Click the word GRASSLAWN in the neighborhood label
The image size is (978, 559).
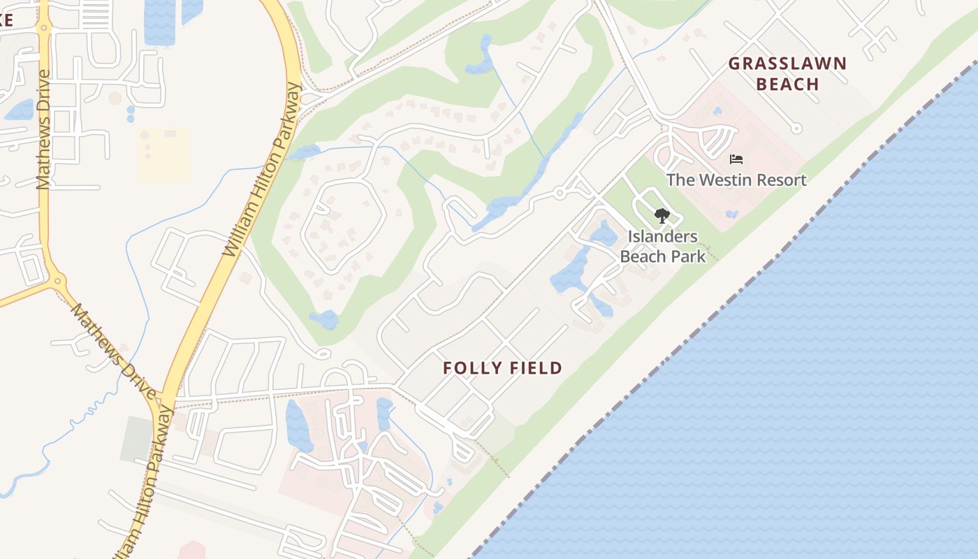point(787,64)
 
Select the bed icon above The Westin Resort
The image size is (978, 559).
point(736,159)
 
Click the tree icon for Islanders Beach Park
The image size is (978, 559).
point(662,216)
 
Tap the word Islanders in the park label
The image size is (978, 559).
point(662,236)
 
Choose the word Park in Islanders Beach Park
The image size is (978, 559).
point(689,256)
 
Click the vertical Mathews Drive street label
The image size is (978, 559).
point(43,129)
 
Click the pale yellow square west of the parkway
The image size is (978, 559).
point(163,154)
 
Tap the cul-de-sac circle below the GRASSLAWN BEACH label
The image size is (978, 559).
point(796,128)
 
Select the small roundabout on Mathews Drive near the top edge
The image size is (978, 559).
point(44,29)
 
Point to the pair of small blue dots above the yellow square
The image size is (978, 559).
point(131,114)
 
